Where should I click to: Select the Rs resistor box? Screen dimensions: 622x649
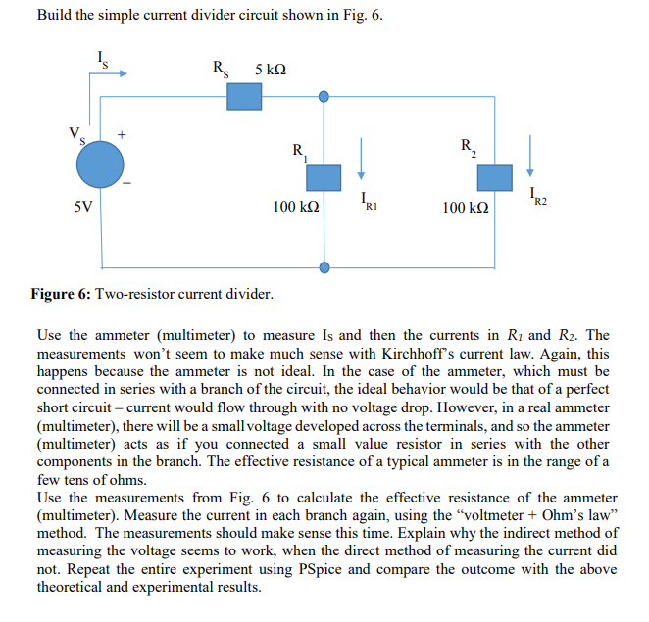(244, 96)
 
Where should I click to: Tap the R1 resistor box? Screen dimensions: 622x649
(324, 177)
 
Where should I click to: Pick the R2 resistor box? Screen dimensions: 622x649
(494, 177)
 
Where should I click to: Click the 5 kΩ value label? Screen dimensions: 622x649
(271, 70)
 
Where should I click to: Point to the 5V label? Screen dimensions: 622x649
(83, 208)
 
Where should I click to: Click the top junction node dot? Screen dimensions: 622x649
(324, 96)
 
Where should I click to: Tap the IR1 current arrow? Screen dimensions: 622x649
(361, 157)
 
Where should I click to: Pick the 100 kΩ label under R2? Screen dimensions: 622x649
(466, 208)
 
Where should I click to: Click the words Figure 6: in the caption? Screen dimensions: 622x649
(66, 293)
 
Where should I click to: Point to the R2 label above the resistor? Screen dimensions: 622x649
(468, 148)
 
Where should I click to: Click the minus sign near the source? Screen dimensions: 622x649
(125, 183)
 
